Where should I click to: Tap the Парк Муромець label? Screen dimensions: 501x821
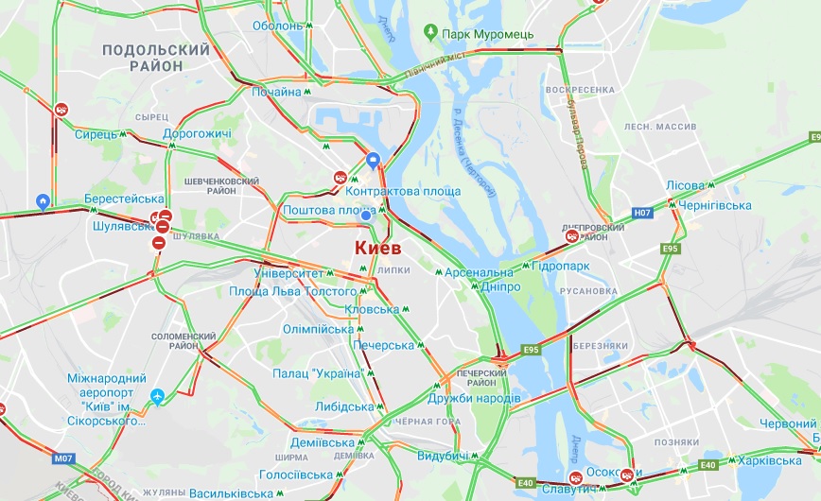488,35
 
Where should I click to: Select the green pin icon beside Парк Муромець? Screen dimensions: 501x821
431,34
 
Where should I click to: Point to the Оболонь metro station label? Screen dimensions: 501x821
277,26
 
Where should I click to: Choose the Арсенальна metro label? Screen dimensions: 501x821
479,272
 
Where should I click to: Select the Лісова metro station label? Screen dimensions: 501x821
685,185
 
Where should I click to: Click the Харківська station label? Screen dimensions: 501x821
769,460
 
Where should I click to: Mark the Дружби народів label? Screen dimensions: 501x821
481,398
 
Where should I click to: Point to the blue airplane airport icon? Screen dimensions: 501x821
157,395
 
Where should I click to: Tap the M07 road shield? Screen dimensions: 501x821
63,458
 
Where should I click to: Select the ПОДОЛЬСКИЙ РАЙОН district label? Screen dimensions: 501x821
155,58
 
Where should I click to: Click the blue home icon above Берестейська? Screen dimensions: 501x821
43,201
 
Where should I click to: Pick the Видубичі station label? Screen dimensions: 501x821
442,457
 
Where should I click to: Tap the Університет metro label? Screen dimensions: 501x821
289,272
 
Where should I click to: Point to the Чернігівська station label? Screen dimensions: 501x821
715,205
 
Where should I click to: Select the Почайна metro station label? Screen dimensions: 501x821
275,92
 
